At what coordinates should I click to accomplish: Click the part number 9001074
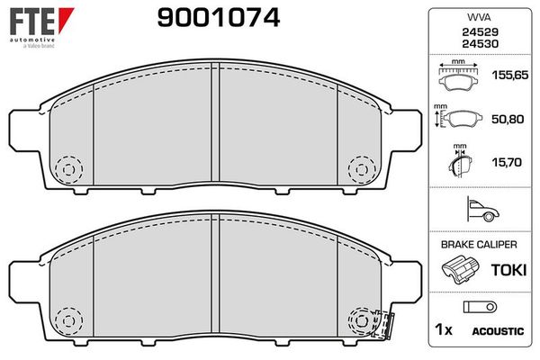click(219, 18)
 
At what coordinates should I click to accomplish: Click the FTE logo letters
click(32, 22)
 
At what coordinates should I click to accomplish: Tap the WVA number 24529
click(480, 32)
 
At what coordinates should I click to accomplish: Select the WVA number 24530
click(480, 44)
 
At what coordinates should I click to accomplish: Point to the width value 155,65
click(510, 75)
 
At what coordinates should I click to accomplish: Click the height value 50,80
click(508, 119)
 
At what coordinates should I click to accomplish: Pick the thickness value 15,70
click(507, 162)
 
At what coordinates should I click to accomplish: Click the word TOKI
click(508, 270)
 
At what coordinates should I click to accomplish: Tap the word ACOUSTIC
click(498, 331)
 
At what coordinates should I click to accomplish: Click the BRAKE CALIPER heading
click(479, 245)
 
